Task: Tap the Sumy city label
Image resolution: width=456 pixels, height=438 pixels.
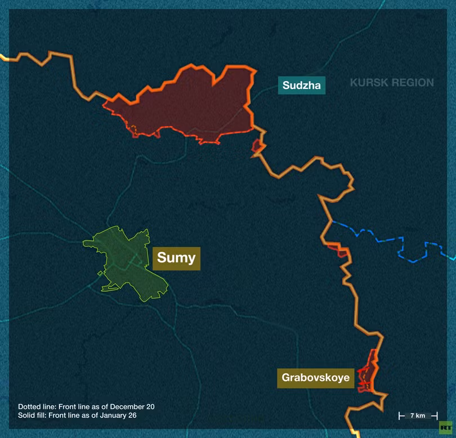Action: [176, 258]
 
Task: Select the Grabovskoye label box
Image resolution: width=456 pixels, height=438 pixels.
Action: [316, 377]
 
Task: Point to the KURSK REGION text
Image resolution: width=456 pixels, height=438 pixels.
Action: [392, 83]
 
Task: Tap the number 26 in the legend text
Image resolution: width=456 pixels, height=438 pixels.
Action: [133, 415]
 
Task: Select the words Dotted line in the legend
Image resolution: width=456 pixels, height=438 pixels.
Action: [33, 406]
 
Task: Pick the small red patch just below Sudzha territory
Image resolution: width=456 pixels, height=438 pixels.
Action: [257, 148]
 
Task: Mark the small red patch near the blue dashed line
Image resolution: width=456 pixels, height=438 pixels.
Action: [337, 249]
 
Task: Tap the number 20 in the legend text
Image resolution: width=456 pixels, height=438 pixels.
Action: [149, 406]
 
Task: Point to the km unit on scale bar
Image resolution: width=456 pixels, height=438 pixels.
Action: [421, 415]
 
